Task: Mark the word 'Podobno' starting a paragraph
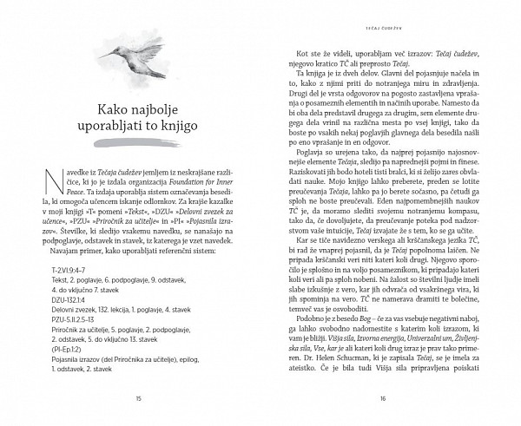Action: [306, 323]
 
